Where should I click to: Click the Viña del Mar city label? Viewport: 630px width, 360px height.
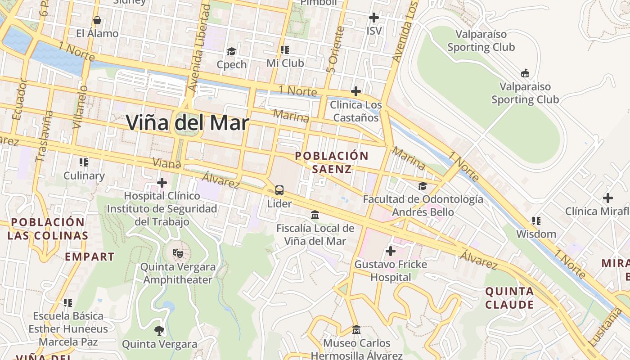[187, 123]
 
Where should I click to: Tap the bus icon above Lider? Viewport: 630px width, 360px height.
[279, 190]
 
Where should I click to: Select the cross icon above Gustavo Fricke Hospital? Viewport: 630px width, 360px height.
[390, 251]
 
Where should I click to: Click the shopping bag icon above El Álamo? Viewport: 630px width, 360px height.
[97, 20]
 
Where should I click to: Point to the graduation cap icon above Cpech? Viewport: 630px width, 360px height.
[231, 51]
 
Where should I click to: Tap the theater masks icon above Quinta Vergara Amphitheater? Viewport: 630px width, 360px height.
[177, 253]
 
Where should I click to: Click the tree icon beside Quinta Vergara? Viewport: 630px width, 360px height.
[159, 331]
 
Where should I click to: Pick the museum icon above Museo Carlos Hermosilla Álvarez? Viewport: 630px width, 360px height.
[356, 330]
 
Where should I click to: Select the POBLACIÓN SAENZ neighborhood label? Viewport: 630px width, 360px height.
[331, 162]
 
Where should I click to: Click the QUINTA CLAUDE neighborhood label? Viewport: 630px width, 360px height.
[509, 298]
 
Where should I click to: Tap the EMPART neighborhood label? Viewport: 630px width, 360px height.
[90, 257]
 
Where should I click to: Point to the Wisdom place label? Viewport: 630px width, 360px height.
[536, 234]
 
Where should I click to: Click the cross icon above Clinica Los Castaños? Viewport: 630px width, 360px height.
[355, 91]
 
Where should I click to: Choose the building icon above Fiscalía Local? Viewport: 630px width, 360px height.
[315, 215]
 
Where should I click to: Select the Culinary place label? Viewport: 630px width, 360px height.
[84, 175]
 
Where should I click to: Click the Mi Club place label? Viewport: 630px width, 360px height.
[285, 63]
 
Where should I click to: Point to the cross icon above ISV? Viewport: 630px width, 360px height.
[373, 18]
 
